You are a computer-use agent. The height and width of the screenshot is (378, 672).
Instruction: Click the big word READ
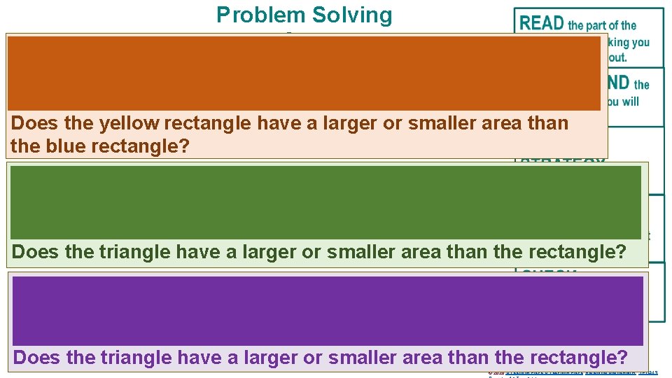coord(542,23)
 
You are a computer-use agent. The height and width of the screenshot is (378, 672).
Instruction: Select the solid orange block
coord(304,73)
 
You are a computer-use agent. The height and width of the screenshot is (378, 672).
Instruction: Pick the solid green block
coord(325,202)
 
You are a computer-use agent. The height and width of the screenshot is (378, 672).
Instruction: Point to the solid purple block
coord(328,311)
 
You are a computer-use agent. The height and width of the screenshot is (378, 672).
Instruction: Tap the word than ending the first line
coord(548,123)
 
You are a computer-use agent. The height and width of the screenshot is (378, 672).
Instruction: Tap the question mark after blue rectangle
coord(186,147)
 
